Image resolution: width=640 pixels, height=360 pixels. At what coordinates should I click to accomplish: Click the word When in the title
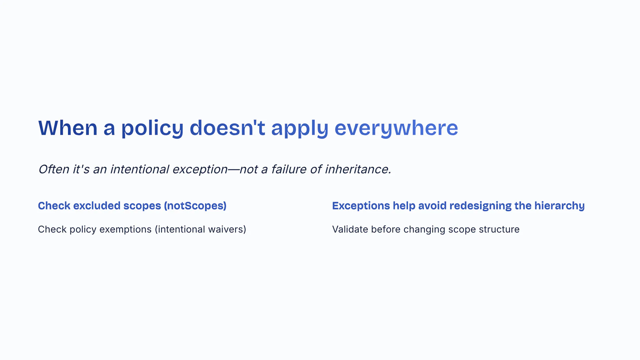pyautogui.click(x=68, y=128)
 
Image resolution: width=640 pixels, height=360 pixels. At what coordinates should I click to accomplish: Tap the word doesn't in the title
pyautogui.click(x=227, y=128)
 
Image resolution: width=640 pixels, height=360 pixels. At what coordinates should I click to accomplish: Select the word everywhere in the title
pyautogui.click(x=396, y=128)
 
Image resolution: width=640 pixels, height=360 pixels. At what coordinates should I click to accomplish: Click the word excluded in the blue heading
pyautogui.click(x=97, y=206)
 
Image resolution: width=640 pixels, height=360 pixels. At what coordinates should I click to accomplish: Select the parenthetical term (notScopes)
pyautogui.click(x=195, y=206)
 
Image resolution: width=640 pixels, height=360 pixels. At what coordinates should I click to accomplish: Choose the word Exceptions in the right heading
pyautogui.click(x=361, y=206)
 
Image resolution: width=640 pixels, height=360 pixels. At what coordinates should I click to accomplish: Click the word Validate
pyautogui.click(x=350, y=229)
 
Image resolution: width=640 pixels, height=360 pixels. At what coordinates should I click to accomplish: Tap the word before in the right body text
pyautogui.click(x=386, y=229)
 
